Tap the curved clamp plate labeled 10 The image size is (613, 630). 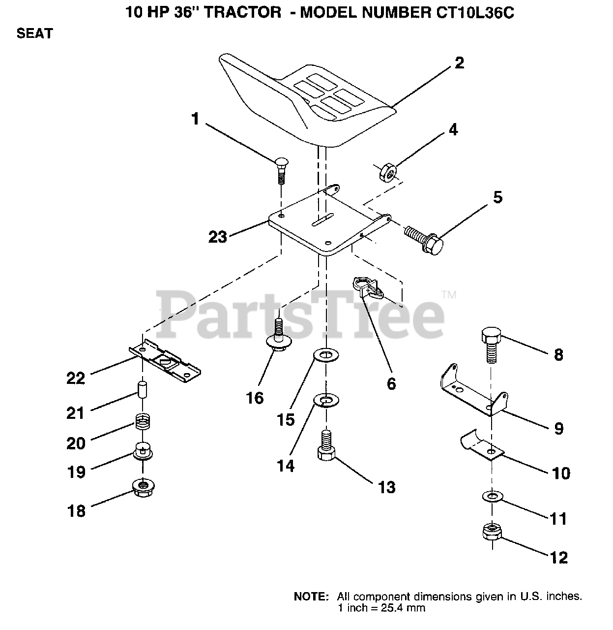[482, 445]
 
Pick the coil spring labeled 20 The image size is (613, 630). [143, 421]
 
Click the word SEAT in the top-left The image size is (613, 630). [34, 34]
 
